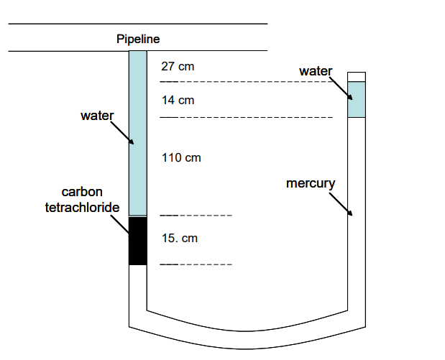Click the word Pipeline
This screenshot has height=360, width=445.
coord(137,39)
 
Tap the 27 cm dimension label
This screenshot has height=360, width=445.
coord(178,67)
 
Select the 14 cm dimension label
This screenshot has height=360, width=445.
coord(178,100)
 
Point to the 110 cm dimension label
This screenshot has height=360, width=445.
coord(181,157)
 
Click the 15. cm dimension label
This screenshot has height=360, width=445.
coord(179,238)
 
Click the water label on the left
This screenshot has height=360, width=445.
coord(94,115)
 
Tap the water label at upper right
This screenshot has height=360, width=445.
coord(316,70)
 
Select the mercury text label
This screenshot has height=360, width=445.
coord(311,183)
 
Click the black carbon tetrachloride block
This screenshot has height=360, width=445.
coord(137,241)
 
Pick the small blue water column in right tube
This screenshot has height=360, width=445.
coord(357,100)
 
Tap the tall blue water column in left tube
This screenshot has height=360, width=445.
coord(137,133)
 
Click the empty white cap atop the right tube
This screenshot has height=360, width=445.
coord(357,77)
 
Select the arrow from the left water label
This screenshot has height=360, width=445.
coord(121,133)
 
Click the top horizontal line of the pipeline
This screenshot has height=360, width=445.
coord(137,24)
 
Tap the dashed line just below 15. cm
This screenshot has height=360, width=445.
coord(196,264)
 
